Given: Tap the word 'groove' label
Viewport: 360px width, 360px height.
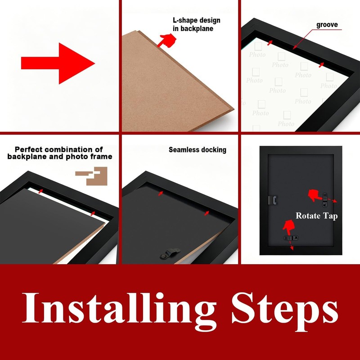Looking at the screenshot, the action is (x=327, y=25).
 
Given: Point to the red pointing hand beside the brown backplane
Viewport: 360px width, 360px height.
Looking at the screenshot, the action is (x=167, y=40).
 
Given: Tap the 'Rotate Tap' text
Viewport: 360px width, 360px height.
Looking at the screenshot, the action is (x=317, y=216).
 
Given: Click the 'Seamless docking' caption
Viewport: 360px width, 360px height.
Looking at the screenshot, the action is (x=198, y=150).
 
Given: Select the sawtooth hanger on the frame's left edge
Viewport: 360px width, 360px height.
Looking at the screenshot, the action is (x=273, y=200).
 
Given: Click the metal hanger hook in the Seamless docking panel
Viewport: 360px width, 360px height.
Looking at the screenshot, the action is (x=170, y=253).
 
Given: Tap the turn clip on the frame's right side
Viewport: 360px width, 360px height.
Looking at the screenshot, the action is (x=324, y=199).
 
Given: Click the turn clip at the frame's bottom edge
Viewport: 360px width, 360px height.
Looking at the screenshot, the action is (x=291, y=238).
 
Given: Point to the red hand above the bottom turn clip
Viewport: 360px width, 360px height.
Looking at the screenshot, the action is (x=288, y=227).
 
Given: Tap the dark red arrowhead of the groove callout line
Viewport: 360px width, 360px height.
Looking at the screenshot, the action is (x=295, y=48).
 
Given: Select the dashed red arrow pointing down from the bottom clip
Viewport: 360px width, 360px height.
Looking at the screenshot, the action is (x=291, y=245).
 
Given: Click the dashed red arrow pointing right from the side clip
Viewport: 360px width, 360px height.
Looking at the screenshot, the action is (x=332, y=200).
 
